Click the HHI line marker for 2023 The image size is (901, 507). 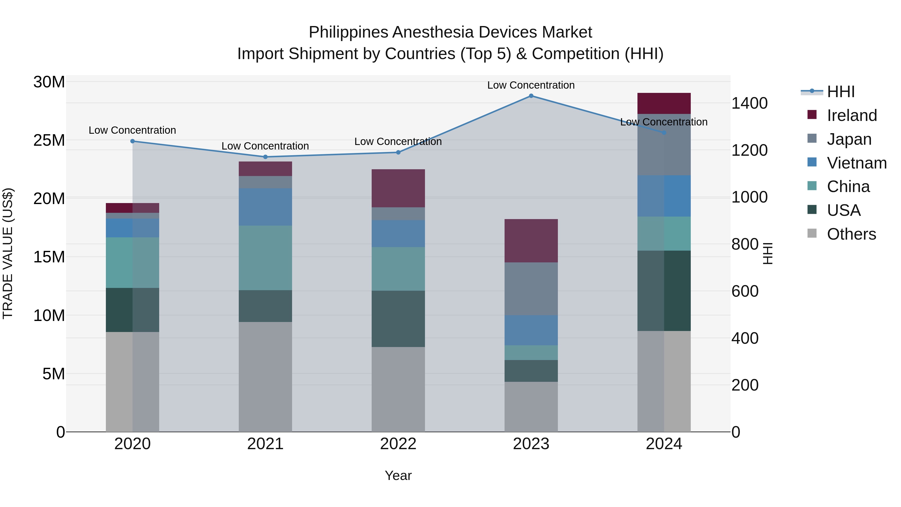pyautogui.click(x=531, y=96)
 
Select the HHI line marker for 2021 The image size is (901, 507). pyautogui.click(x=265, y=157)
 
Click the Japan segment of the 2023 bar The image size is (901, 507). pyautogui.click(x=531, y=289)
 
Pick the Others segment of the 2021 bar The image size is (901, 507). pyautogui.click(x=265, y=377)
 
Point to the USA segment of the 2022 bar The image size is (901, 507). pyautogui.click(x=398, y=319)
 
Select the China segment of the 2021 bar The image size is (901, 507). pyautogui.click(x=265, y=258)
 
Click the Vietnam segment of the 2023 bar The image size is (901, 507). pyautogui.click(x=531, y=330)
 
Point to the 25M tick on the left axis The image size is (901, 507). pyautogui.click(x=49, y=140)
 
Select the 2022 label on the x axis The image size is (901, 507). pyautogui.click(x=398, y=444)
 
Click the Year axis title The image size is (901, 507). pyautogui.click(x=398, y=475)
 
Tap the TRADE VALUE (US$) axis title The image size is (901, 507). pyautogui.click(x=8, y=253)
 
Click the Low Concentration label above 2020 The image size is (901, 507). pyautogui.click(x=132, y=130)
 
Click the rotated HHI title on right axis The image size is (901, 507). pyautogui.click(x=768, y=253)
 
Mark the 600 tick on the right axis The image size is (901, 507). pyautogui.click(x=745, y=291)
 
